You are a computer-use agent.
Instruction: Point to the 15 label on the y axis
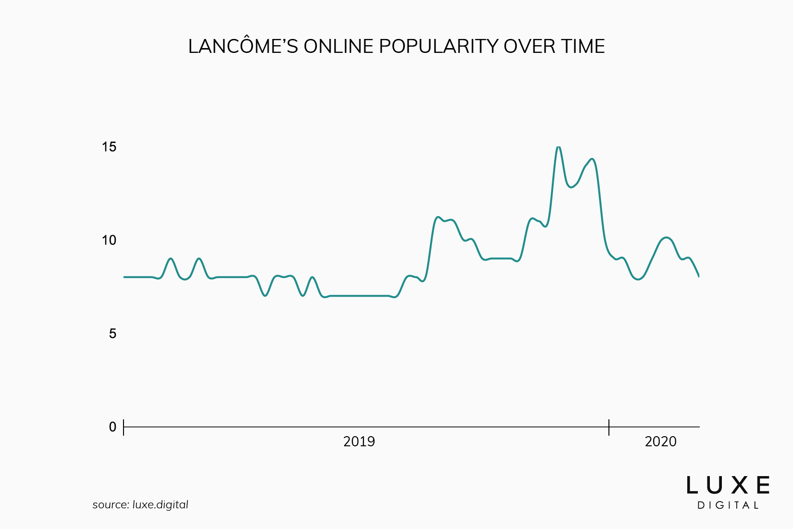(109, 147)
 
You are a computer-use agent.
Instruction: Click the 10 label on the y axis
(109, 240)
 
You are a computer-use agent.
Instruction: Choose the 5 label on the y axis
(112, 334)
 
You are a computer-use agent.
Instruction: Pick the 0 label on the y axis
(112, 427)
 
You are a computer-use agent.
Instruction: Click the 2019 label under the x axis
(359, 441)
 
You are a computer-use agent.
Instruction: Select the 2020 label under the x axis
(660, 441)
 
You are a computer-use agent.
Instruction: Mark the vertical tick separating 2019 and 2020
(609, 427)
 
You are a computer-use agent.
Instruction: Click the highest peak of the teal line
(558, 147)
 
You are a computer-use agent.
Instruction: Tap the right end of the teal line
(698, 276)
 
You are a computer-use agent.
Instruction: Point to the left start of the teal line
(124, 277)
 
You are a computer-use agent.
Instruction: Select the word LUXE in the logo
(728, 485)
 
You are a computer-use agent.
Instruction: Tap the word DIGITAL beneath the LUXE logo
(728, 505)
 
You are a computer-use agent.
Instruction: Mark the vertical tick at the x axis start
(124, 427)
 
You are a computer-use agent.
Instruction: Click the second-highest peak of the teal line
(592, 159)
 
